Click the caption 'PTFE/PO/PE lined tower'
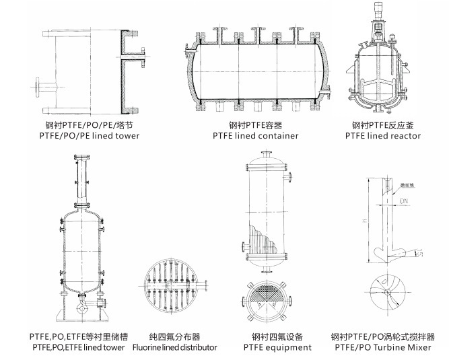pyautogui.click(x=90, y=136)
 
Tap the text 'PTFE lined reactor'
pyautogui.click(x=382, y=136)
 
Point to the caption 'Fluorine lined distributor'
pyautogui.click(x=174, y=347)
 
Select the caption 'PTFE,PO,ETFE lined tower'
pyautogui.click(x=77, y=347)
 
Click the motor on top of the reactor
pyautogui.click(x=379, y=13)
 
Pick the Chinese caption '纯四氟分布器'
pyautogui.click(x=174, y=336)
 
